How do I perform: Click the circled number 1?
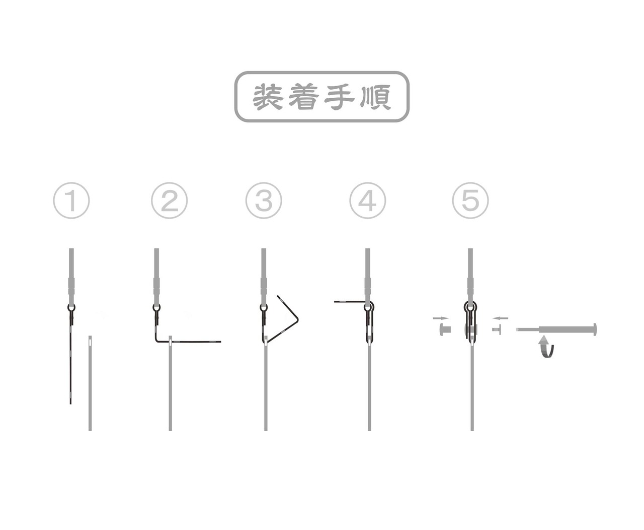(x=71, y=201)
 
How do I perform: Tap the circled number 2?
(x=169, y=201)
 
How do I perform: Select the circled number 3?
(x=264, y=201)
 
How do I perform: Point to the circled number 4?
(x=368, y=201)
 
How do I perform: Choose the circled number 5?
(x=470, y=201)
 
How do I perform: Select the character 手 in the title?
(x=339, y=97)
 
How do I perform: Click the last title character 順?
(x=375, y=97)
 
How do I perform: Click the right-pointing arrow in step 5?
(x=441, y=318)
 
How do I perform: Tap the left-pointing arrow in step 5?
(x=500, y=318)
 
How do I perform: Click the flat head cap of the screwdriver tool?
(x=595, y=329)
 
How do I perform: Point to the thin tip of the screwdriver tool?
(x=518, y=329)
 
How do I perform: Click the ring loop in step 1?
(x=71, y=307)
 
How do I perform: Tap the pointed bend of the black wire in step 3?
(x=298, y=320)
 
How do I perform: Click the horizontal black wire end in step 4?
(x=335, y=302)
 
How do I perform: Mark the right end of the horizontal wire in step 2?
(x=220, y=342)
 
